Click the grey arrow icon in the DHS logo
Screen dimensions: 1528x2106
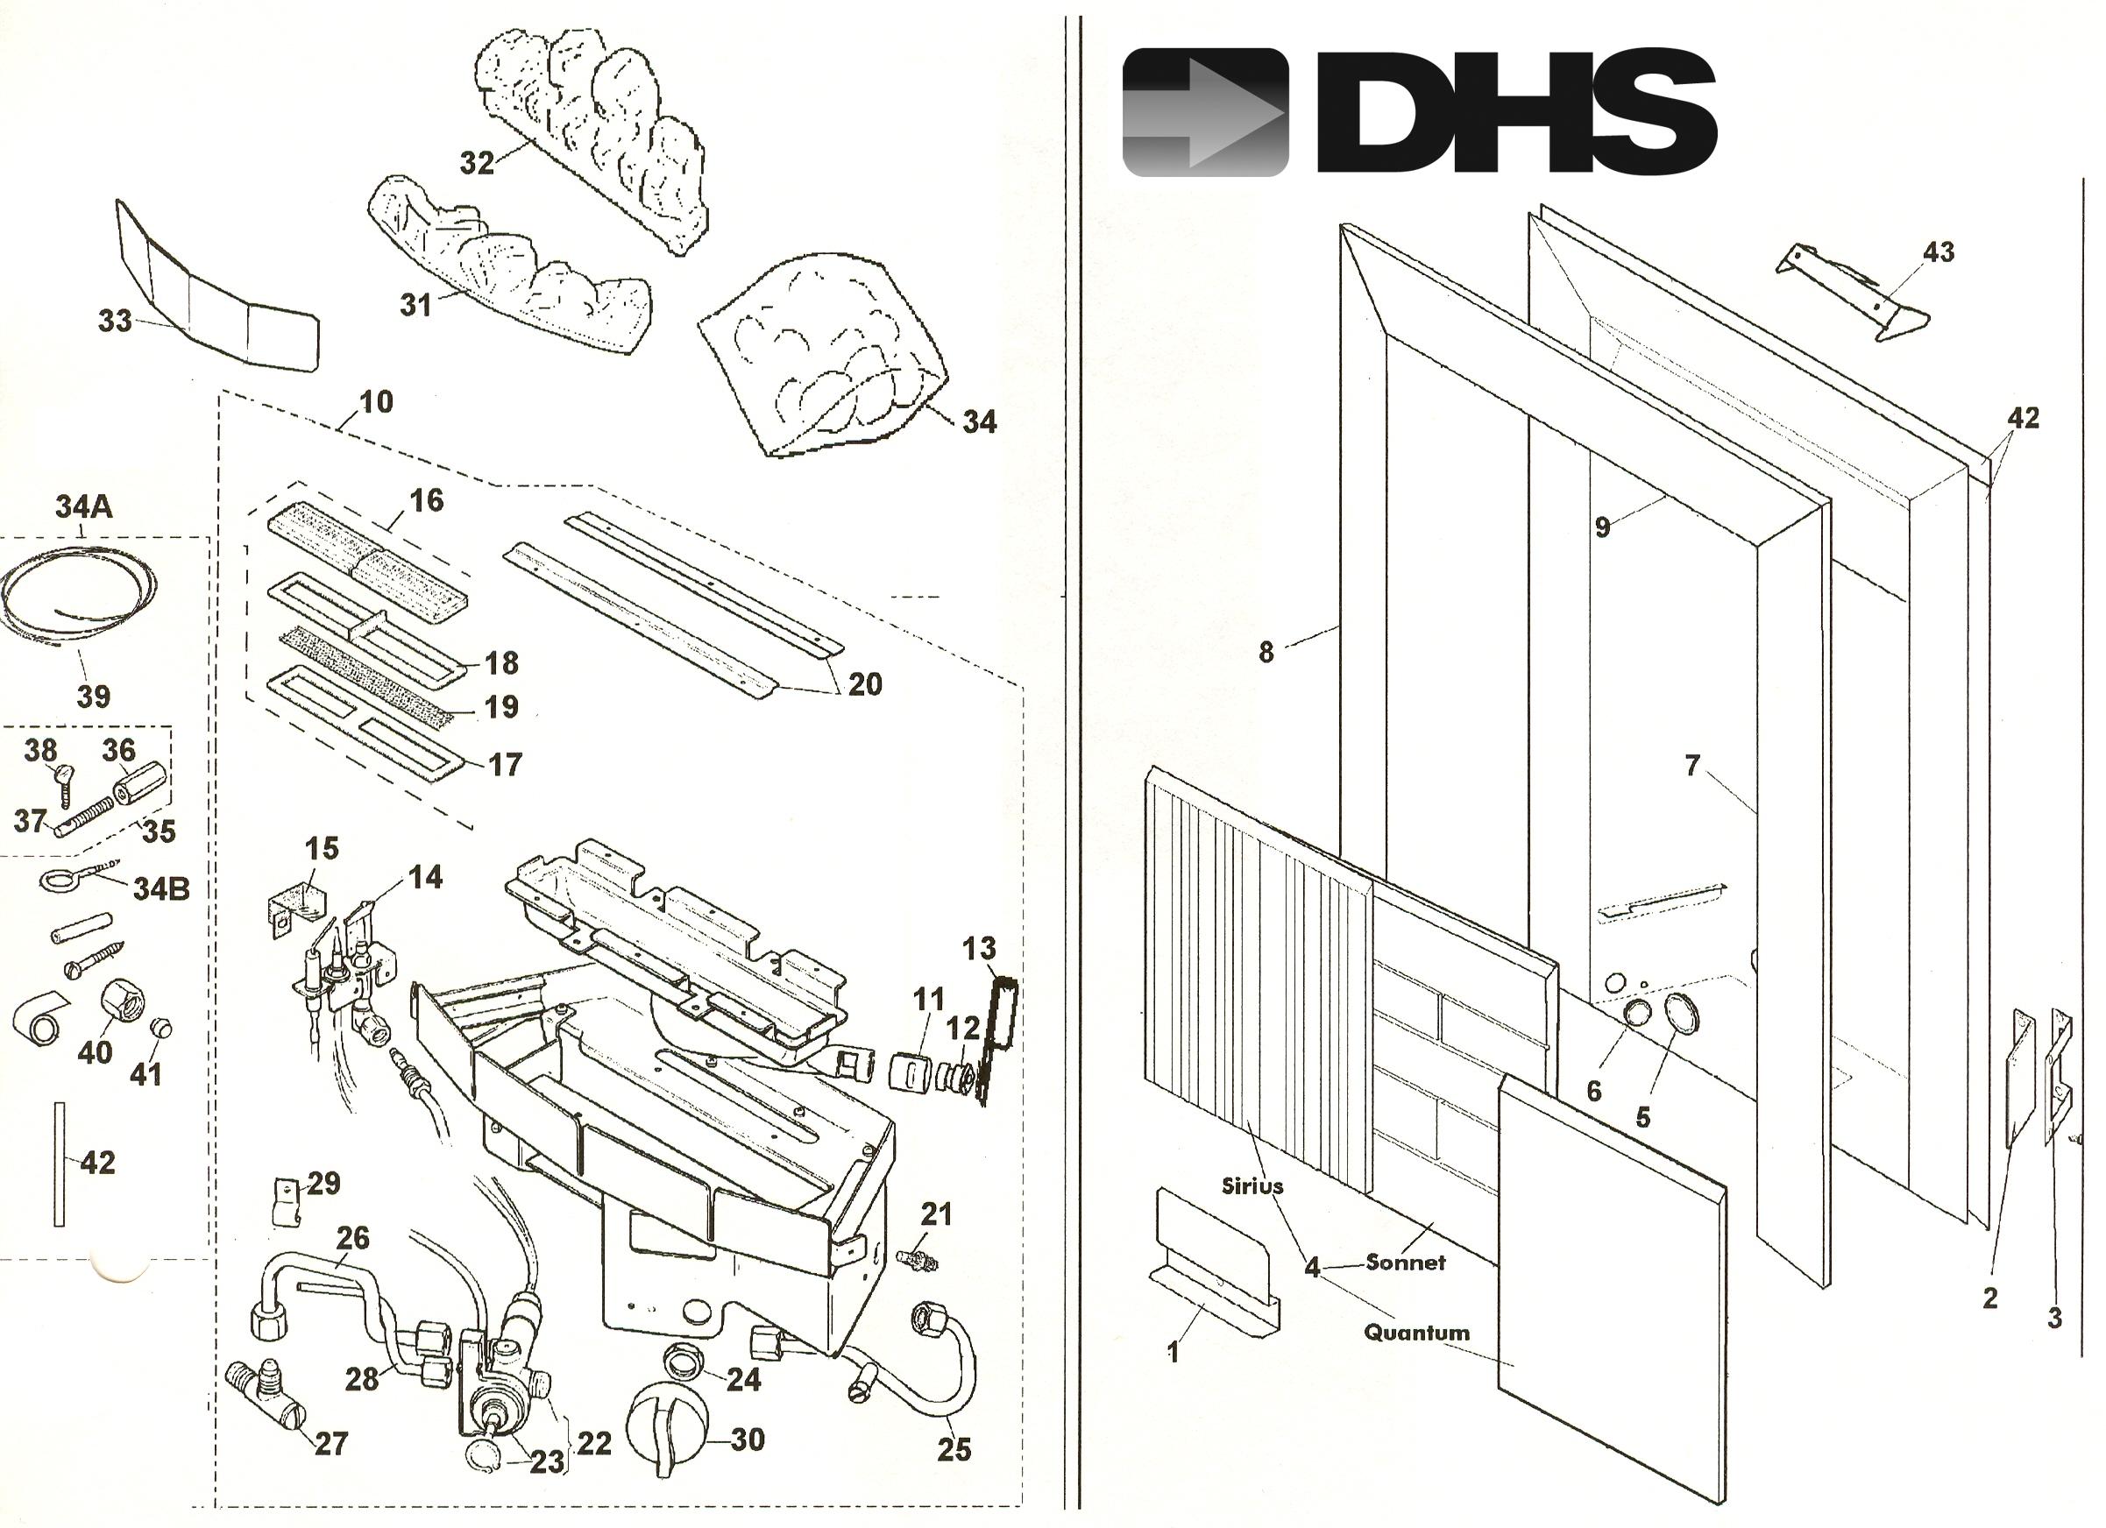[x=1205, y=112]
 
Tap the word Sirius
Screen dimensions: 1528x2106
[x=1252, y=1185]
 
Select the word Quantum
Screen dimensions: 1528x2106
[x=1416, y=1333]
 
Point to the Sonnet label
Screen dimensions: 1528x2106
[x=1405, y=1263]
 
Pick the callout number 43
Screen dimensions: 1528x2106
[x=1938, y=251]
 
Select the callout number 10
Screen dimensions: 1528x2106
[x=376, y=402]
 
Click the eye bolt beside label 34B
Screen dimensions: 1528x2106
[x=58, y=876]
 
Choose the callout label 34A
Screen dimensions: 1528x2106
[x=83, y=507]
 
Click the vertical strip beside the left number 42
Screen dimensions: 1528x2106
[x=60, y=1164]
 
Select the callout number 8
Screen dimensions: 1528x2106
[x=1266, y=653]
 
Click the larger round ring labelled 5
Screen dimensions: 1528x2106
[x=1680, y=1015]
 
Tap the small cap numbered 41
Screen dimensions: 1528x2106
[x=160, y=1028]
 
